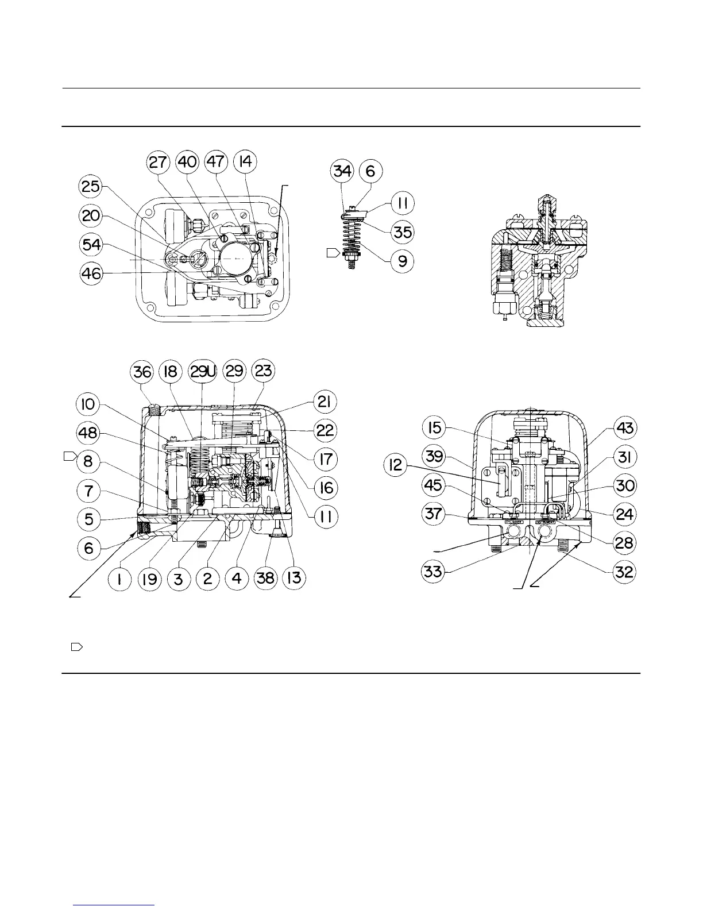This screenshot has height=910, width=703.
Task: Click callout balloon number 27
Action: tap(159, 163)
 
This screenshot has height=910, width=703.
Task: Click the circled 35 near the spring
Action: tap(403, 233)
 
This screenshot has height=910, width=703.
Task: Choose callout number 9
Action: tap(403, 261)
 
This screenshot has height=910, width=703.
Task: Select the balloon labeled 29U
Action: tap(203, 372)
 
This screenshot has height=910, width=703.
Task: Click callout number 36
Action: tap(142, 372)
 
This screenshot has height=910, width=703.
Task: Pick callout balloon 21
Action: tap(325, 402)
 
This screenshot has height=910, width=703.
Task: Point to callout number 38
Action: tap(266, 577)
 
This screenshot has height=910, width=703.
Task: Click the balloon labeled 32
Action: tap(625, 572)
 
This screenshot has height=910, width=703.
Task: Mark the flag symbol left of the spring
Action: tap(333, 253)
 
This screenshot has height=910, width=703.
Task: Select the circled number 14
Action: tap(245, 163)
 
